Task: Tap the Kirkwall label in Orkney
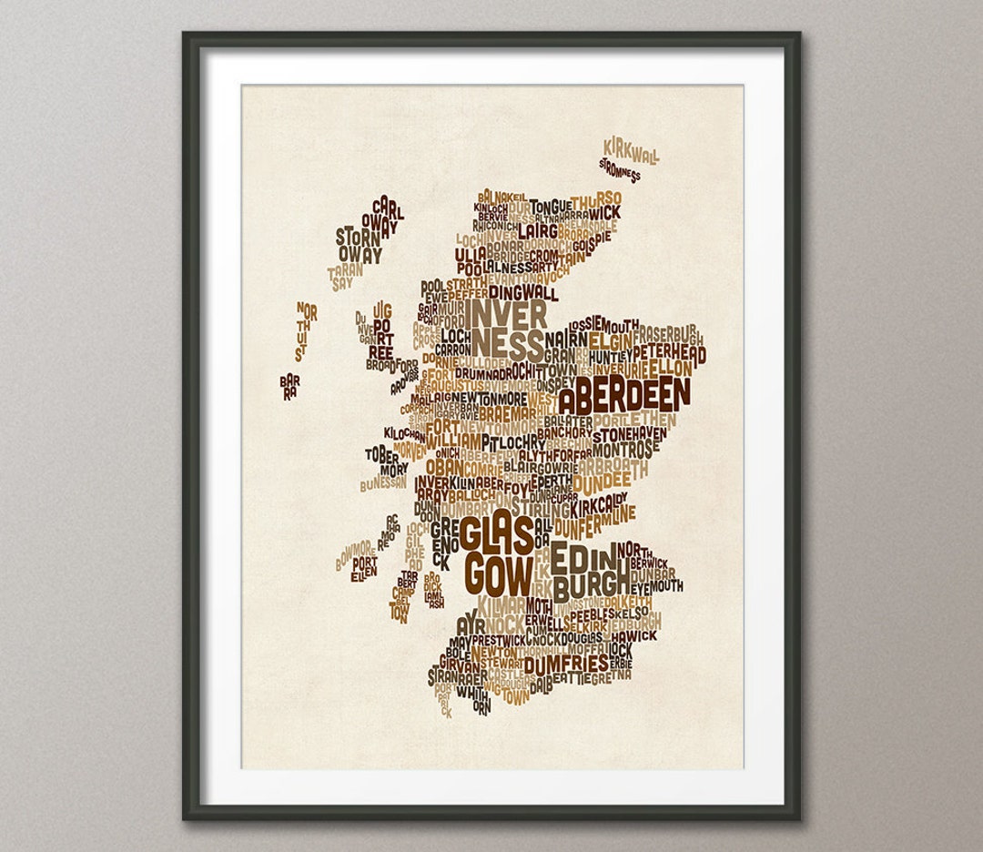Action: [630, 151]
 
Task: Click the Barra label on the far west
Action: [289, 386]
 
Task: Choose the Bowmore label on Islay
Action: [353, 554]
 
